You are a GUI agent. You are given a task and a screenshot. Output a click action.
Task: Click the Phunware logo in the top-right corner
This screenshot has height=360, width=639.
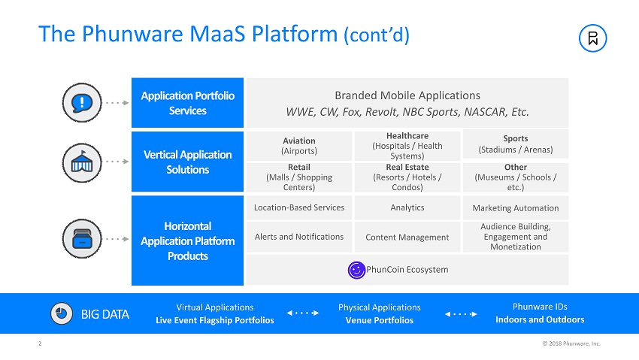[x=593, y=38]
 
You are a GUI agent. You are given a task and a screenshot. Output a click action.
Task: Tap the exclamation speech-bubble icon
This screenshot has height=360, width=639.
[x=79, y=102]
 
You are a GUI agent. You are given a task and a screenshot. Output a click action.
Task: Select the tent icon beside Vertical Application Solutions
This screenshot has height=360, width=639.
[x=79, y=161]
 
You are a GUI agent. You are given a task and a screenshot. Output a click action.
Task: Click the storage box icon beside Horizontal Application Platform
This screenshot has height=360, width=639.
[x=79, y=238]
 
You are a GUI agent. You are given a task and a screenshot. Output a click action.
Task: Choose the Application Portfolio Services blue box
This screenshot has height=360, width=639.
[x=187, y=103]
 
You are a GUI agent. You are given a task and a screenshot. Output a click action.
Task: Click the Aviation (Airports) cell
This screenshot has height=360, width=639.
[x=299, y=145]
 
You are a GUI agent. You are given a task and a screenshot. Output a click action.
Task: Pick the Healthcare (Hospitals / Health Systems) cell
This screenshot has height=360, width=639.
[x=407, y=145]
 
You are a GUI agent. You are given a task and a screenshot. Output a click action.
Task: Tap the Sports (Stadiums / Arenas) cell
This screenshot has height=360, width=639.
[x=515, y=144]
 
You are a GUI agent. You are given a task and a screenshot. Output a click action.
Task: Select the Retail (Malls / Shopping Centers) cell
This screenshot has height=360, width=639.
[x=299, y=177]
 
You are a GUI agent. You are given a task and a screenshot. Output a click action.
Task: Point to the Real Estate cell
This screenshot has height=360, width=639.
[x=407, y=177]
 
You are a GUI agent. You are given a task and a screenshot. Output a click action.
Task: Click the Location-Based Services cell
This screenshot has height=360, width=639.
[x=299, y=207]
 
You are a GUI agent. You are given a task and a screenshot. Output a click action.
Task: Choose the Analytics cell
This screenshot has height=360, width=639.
[x=407, y=207]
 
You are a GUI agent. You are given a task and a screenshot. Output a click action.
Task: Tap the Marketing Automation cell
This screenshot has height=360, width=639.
[x=515, y=208]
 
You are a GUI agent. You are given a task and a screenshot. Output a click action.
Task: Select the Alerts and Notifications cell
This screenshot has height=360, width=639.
[x=299, y=237]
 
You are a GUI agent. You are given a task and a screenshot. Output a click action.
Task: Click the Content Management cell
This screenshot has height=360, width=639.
[x=407, y=237]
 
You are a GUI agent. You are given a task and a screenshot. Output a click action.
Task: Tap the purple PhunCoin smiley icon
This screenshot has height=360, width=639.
[x=356, y=270]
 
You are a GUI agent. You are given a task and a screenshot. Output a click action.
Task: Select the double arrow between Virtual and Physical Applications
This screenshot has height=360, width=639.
[x=304, y=313]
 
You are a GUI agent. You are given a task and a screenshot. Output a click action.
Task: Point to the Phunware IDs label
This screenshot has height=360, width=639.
[x=539, y=307]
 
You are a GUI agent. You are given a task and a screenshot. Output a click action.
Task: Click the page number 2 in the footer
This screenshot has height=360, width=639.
[x=40, y=344]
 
